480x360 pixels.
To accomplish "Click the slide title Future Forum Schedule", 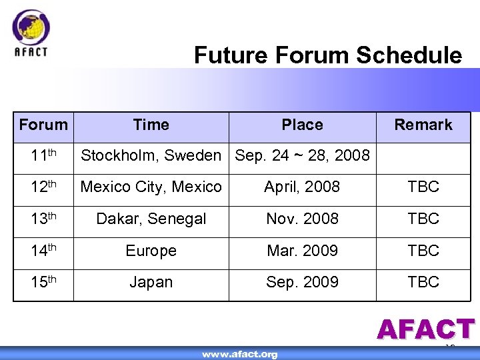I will point(327,55).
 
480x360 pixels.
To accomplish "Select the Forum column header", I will point(43,125).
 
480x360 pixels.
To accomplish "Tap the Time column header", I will point(151,125).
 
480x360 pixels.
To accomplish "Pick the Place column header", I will point(302,125).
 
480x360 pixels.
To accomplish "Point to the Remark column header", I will point(423,125).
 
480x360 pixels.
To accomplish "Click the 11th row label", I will point(43,156).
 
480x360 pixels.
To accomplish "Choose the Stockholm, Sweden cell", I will point(151,156).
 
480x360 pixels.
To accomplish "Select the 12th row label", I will point(43,187).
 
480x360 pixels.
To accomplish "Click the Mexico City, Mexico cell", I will point(151,187).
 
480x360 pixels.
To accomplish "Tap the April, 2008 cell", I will point(302,187).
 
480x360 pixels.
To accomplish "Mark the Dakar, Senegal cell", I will point(151,219).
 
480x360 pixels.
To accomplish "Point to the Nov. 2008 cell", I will point(302,219).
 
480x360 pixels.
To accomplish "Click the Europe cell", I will point(151,251).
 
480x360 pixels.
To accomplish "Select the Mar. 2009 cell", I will point(302,251).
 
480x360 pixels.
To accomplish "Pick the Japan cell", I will point(151,282).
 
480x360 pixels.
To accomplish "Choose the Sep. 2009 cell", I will point(302,282).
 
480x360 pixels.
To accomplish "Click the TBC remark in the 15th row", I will point(423,282).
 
